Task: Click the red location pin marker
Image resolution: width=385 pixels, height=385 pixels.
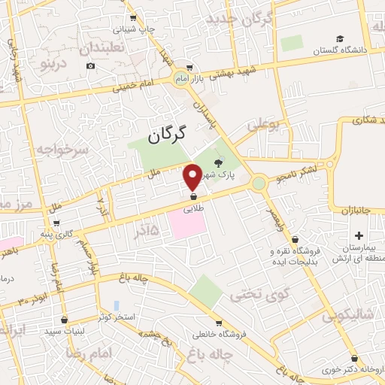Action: [x=192, y=177]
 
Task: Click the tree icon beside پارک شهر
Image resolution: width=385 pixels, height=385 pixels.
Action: [x=219, y=162]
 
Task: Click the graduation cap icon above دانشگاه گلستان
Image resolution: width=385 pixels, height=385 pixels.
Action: [x=340, y=38]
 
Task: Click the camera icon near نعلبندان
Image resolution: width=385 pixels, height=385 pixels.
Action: [x=90, y=65]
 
